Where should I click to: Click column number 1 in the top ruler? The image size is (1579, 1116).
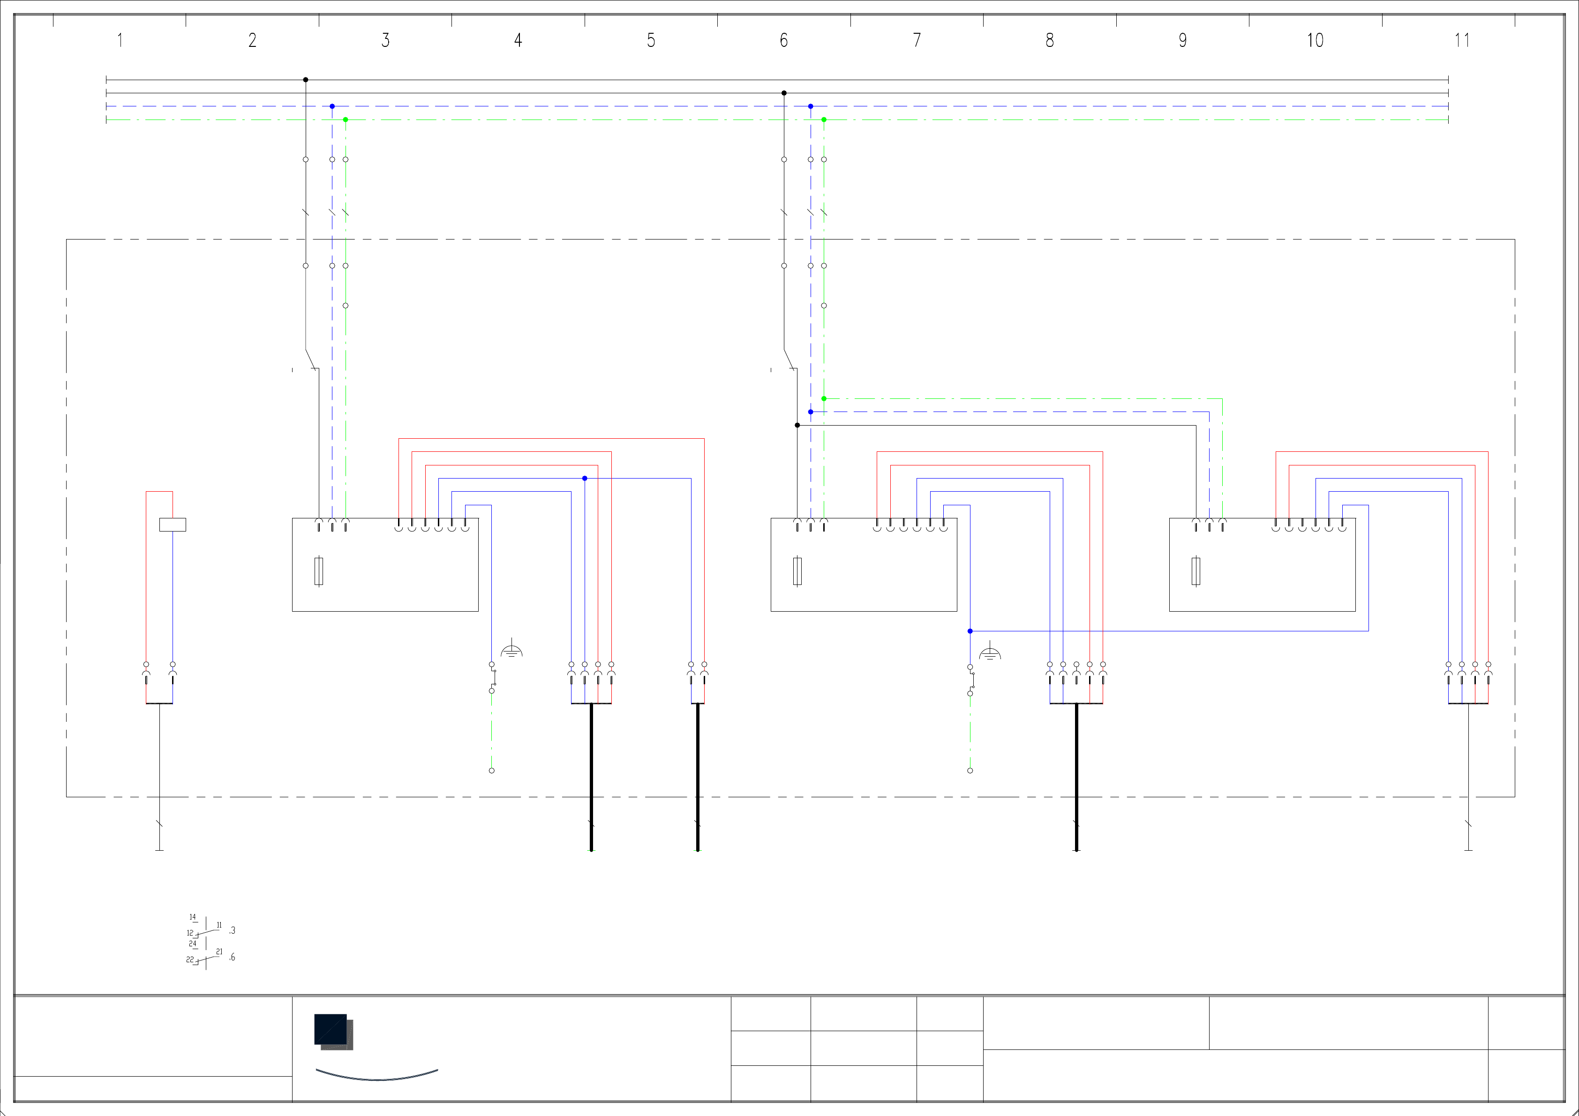click(120, 41)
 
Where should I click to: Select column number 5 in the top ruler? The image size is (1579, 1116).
click(651, 41)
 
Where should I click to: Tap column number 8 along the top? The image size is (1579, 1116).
click(1049, 41)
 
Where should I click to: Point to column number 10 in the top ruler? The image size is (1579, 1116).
click(1315, 41)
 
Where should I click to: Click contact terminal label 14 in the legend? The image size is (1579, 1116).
click(193, 917)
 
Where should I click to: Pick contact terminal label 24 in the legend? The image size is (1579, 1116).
click(193, 944)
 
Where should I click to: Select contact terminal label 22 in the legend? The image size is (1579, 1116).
click(190, 959)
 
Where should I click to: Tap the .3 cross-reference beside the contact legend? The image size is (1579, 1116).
click(233, 930)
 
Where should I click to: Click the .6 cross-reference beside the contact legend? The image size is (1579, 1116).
click(233, 957)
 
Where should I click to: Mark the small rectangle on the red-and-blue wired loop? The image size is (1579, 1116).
click(173, 524)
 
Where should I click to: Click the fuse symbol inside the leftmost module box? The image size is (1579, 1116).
click(318, 571)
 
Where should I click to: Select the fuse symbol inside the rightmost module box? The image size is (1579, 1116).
click(1196, 571)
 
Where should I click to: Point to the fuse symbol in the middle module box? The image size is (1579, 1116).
click(797, 571)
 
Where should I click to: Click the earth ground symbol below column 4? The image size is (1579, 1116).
click(511, 650)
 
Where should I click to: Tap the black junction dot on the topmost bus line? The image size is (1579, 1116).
click(305, 80)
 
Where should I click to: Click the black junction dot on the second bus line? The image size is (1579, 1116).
click(784, 93)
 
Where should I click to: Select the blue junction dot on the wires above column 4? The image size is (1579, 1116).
click(585, 479)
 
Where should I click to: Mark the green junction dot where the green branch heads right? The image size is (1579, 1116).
click(824, 399)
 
